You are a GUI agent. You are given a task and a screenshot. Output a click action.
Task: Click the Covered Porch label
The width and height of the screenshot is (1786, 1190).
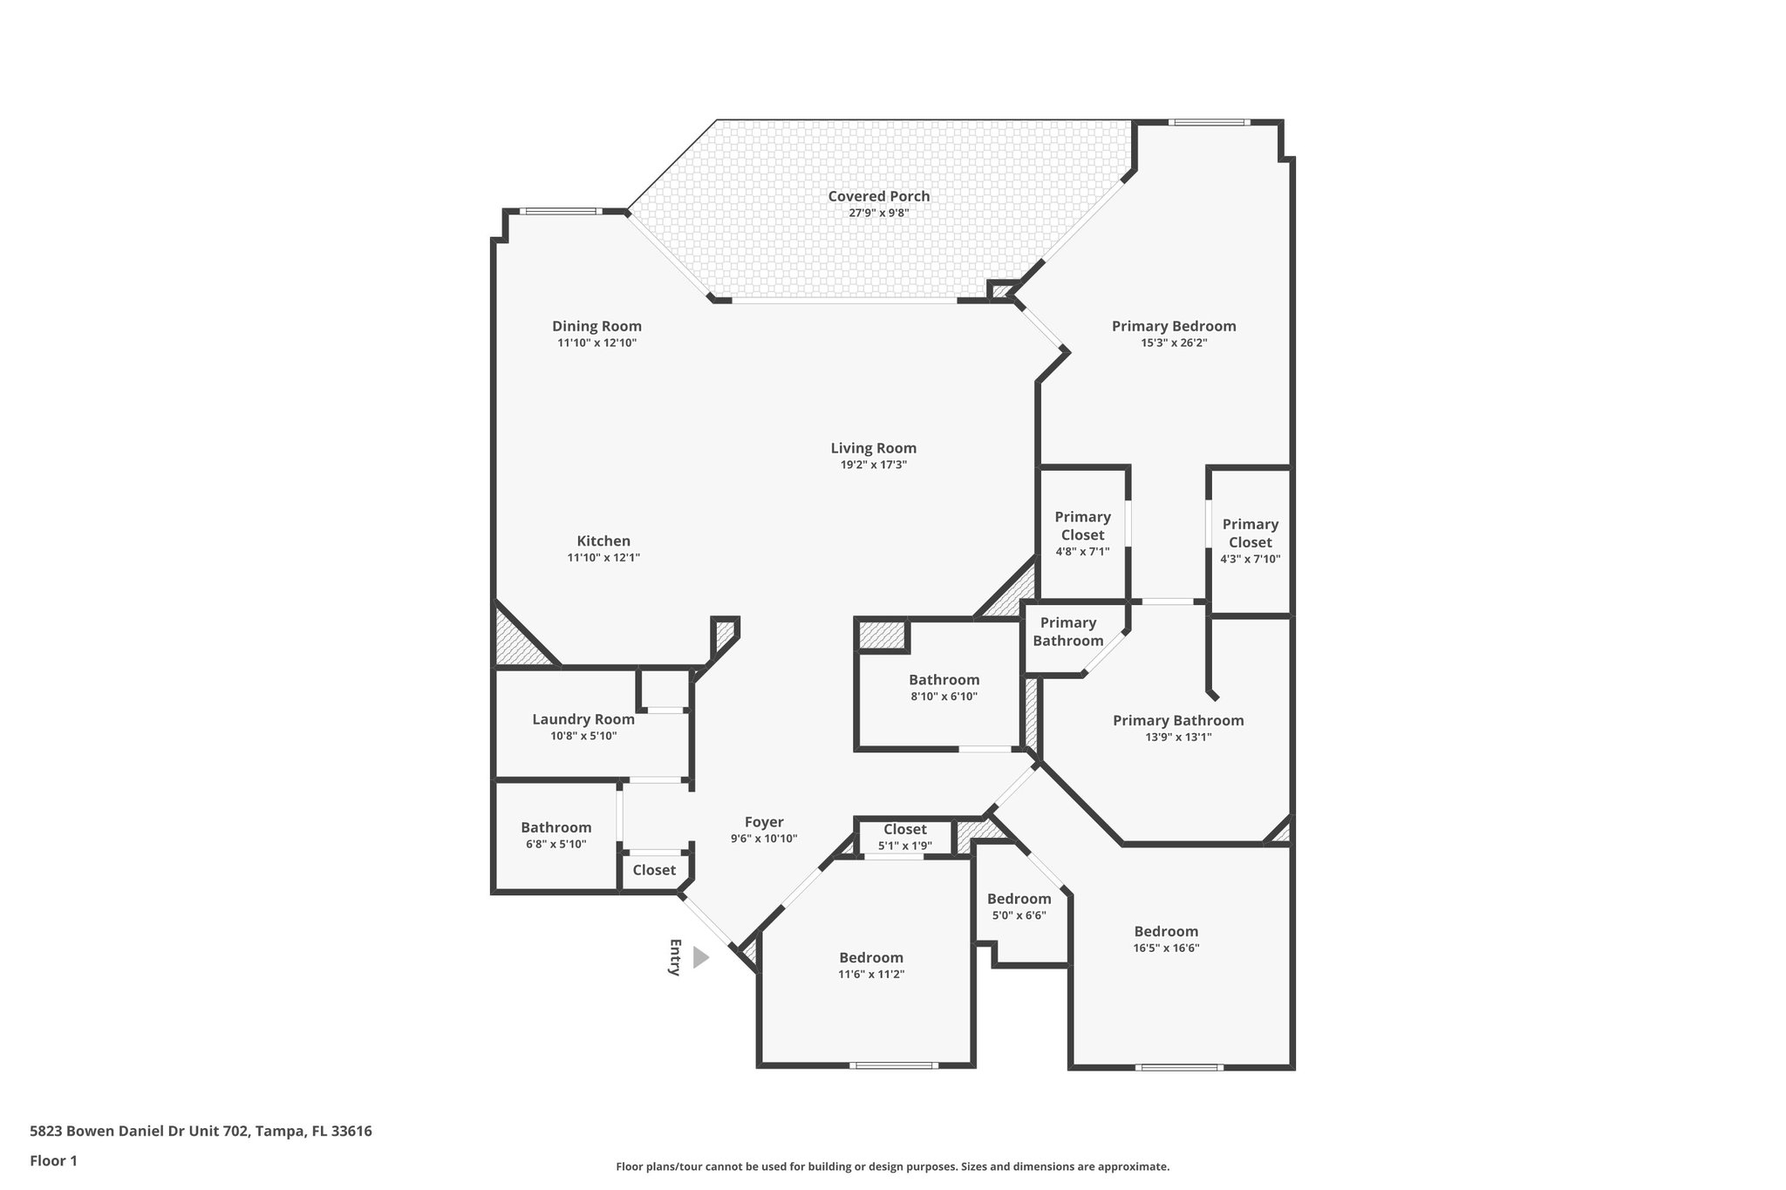click(x=878, y=196)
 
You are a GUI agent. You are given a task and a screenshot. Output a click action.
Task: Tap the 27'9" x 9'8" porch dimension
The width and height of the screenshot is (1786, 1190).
click(x=878, y=213)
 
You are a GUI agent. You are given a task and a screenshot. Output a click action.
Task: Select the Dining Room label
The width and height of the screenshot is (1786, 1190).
click(x=596, y=326)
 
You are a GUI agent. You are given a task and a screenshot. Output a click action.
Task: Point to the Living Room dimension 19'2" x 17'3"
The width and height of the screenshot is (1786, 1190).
click(x=873, y=465)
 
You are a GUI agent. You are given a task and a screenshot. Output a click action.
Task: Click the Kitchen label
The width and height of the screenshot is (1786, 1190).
click(x=603, y=541)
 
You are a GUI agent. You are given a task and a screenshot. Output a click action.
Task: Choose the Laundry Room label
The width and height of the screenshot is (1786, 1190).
click(x=583, y=719)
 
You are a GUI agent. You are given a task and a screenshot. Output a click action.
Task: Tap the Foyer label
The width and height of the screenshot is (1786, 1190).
click(x=764, y=821)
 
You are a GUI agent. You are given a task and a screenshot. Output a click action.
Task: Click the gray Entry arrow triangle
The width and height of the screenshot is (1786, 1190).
click(x=700, y=957)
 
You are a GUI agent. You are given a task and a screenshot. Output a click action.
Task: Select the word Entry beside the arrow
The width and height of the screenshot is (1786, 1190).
click(x=674, y=957)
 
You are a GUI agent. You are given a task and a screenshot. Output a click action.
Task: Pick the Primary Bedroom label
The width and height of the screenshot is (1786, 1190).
click(x=1174, y=326)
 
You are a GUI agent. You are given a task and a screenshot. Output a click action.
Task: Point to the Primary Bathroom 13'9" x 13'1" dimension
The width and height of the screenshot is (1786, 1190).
click(x=1178, y=737)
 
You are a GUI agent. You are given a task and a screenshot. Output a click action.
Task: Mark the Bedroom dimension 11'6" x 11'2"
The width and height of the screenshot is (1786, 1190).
click(x=871, y=974)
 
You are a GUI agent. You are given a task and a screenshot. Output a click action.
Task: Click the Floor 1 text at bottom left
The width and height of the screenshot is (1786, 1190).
click(x=54, y=1160)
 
